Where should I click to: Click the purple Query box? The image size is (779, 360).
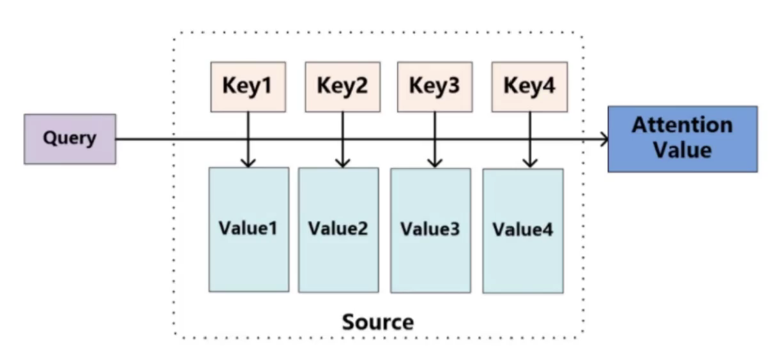tap(70, 139)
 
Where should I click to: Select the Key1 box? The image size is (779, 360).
tap(248, 87)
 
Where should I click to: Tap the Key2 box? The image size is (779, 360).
tap(343, 87)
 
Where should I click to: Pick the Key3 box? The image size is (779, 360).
tap(435, 87)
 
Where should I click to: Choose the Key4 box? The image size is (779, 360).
tap(529, 87)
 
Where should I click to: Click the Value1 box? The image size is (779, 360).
tap(249, 230)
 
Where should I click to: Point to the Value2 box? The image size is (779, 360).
tap(338, 230)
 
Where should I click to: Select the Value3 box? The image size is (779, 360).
tap(431, 230)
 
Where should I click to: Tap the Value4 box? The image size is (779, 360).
tap(524, 231)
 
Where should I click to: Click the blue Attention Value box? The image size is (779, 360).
tap(683, 139)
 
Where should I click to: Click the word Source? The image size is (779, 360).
tap(378, 322)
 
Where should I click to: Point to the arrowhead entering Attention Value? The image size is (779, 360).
tap(605, 139)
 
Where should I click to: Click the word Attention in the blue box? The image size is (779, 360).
tap(683, 125)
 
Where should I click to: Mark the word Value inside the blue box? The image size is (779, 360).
tap(683, 150)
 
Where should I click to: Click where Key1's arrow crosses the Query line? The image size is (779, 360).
tap(248, 139)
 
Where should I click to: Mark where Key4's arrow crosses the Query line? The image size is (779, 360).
tap(530, 139)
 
